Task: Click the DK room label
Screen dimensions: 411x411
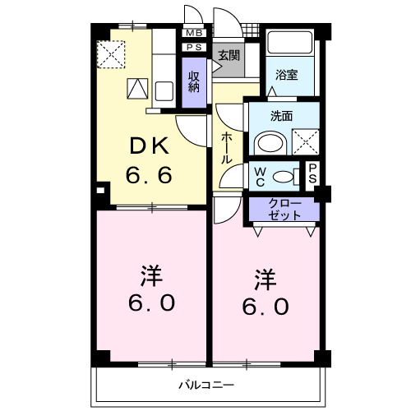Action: [x=148, y=147]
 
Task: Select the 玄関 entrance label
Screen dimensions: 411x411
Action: [x=228, y=56]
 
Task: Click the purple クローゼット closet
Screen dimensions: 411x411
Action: [x=285, y=209]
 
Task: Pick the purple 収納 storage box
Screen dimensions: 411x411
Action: [x=195, y=82]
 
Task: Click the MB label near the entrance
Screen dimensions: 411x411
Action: [x=194, y=33]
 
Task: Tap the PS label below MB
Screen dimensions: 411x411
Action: [x=194, y=48]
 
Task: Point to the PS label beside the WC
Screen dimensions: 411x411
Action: [x=312, y=174]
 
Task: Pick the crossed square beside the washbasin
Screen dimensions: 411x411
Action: [x=305, y=142]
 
